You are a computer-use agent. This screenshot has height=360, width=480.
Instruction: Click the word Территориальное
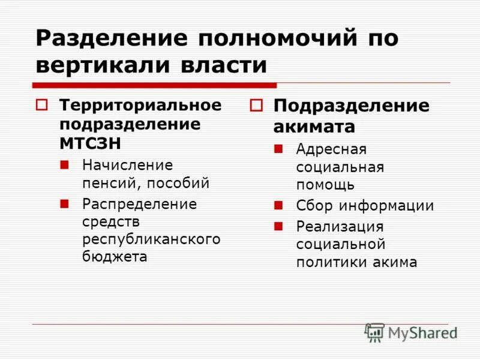[140, 105]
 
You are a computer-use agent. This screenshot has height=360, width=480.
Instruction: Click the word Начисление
[127, 164]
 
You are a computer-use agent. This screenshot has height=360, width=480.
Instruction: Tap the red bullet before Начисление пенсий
[64, 164]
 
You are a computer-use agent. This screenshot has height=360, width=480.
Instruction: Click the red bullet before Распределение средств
[64, 203]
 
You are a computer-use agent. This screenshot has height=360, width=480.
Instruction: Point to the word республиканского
[151, 239]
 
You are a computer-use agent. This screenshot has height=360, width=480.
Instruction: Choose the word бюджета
[115, 257]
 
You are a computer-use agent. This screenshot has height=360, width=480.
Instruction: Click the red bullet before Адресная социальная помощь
[278, 148]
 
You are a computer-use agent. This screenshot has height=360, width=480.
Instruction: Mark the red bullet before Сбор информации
[278, 205]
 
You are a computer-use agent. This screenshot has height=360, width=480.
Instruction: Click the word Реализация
[340, 226]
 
